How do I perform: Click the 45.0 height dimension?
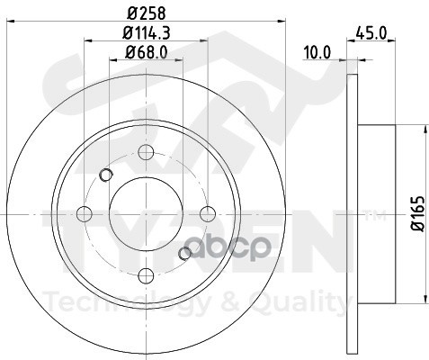(371, 33)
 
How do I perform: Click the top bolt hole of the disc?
(147, 151)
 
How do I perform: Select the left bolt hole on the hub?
(85, 213)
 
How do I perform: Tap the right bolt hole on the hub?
(208, 213)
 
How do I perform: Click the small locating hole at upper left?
(106, 175)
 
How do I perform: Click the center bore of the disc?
(147, 213)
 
